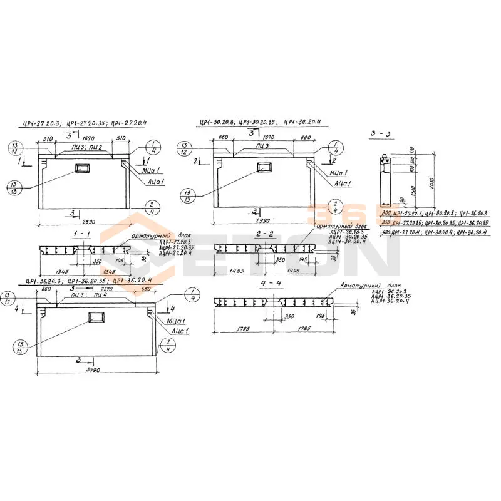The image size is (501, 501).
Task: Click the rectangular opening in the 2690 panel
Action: coord(82,168)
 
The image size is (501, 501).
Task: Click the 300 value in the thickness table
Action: coord(386,214)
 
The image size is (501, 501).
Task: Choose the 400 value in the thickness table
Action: coord(386,232)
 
